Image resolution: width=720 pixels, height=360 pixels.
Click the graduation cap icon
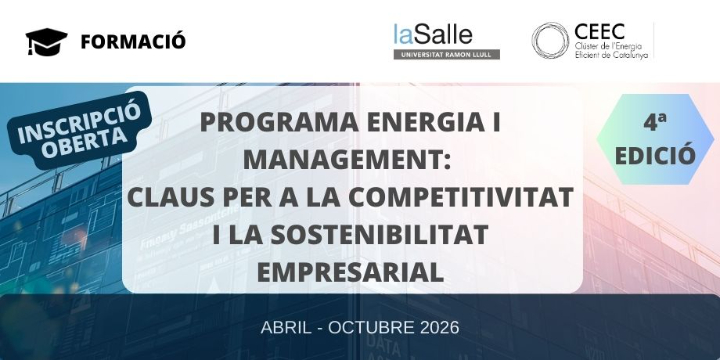(x=46, y=41)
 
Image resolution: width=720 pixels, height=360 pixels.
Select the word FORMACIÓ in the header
(x=133, y=41)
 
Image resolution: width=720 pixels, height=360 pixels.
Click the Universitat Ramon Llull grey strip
(x=446, y=54)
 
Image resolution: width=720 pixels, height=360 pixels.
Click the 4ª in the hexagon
(x=655, y=123)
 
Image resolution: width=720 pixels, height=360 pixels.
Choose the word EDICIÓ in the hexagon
(x=655, y=155)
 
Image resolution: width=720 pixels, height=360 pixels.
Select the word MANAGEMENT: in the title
(x=349, y=159)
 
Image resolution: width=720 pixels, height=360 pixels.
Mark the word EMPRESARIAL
(x=349, y=270)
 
